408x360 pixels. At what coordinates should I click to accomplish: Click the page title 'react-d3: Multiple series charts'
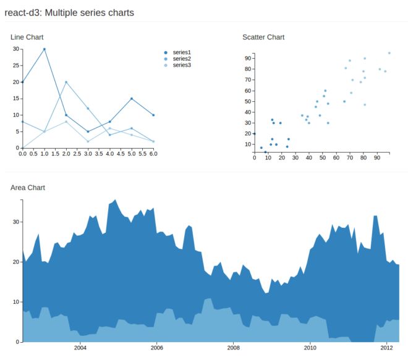69,12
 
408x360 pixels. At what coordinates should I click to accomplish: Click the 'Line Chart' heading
27,38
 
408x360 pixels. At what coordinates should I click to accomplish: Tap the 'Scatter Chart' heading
263,38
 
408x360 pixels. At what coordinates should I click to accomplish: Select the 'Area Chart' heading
28,188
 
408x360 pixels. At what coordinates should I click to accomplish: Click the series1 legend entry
181,52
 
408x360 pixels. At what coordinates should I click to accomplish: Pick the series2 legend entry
181,59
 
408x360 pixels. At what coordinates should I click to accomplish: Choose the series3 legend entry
181,65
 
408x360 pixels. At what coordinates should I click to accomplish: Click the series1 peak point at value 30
44,49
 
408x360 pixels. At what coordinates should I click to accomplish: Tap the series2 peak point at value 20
66,82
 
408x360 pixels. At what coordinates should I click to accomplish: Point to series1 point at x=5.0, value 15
132,98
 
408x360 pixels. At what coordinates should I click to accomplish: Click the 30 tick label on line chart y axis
15,49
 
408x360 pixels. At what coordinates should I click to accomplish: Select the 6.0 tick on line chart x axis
153,154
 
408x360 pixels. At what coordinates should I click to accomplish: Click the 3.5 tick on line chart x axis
99,154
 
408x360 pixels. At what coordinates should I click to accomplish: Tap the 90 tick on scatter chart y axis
247,58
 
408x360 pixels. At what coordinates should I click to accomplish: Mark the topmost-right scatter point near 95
389,53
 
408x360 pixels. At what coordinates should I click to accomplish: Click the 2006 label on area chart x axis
156,348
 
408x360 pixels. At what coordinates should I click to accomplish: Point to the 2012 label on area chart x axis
386,348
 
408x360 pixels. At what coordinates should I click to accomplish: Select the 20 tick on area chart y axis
15,262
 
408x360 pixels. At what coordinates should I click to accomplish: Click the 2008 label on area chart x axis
233,348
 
